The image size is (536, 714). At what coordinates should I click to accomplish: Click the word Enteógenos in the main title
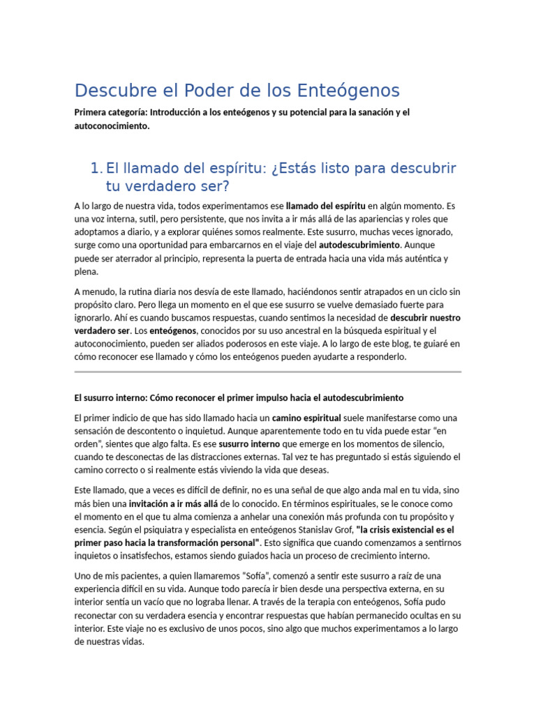348,91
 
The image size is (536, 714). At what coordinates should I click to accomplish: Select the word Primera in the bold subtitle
91,112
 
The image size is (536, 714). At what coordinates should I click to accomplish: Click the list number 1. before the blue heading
96,169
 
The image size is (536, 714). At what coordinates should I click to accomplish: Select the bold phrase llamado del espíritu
326,206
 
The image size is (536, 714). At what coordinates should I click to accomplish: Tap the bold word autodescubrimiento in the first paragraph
359,245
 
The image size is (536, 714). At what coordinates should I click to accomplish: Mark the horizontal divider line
267,372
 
